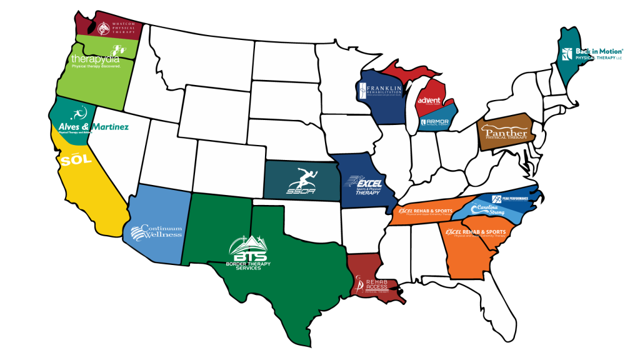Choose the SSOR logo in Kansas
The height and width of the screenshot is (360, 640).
pos(302,181)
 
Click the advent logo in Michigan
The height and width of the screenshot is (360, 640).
pos(429,100)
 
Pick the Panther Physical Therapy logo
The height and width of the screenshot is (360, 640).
pos(503,133)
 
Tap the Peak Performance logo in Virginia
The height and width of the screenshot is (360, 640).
pos(510,199)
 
